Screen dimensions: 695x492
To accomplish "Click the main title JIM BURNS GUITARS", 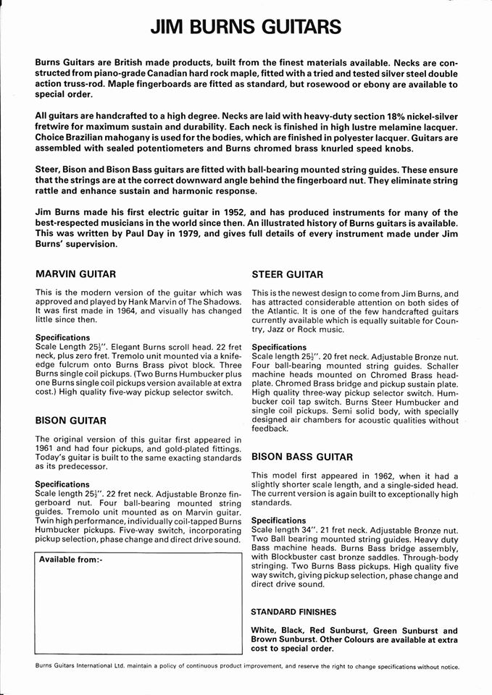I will pos(246,28).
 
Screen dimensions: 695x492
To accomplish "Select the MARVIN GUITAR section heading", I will pos(75,274).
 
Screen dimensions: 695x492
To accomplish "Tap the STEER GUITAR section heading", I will pos(287,274).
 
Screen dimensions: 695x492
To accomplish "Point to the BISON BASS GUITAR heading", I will pos(302,457).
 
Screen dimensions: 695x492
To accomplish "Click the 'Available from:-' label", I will pos(71,560).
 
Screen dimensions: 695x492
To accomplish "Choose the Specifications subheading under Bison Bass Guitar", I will pos(279,521).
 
